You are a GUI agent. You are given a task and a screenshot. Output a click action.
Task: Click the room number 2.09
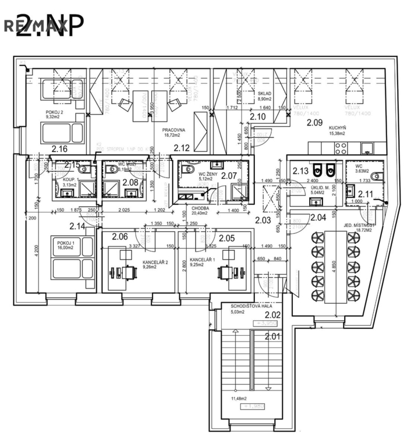point(315,122)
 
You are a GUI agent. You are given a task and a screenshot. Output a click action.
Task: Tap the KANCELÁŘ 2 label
point(155,262)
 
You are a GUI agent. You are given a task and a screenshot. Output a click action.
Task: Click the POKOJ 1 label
point(64,242)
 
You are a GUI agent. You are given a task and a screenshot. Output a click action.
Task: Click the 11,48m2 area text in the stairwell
point(237,399)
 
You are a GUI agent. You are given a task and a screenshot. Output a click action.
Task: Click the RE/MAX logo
point(35,25)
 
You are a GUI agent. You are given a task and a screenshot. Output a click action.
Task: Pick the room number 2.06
point(119,236)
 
